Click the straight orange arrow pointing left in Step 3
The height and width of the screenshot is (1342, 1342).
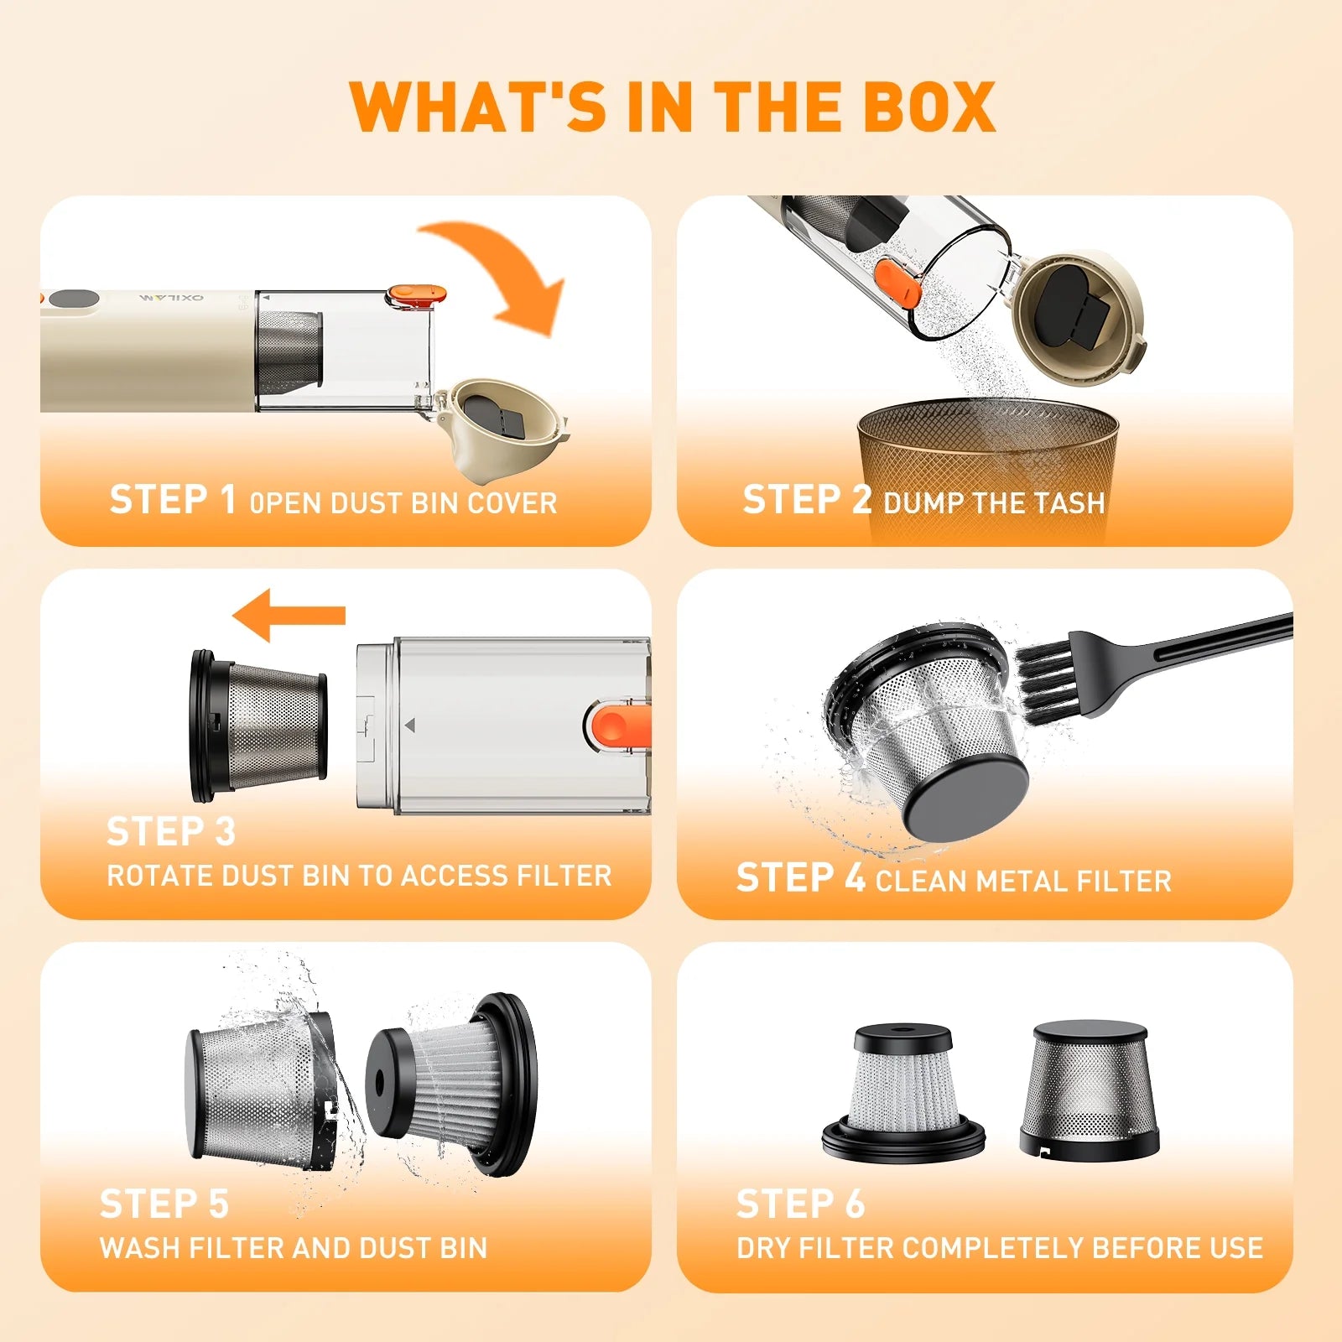click(x=289, y=615)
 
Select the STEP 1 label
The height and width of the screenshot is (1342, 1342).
click(x=172, y=499)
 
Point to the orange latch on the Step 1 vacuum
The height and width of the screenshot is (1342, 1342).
click(x=415, y=294)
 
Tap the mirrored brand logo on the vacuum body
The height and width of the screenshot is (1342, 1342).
click(x=171, y=298)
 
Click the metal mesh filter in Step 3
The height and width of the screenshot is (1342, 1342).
click(x=258, y=726)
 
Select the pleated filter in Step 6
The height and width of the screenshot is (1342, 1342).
click(x=903, y=1092)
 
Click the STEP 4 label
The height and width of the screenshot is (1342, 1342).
click(x=800, y=877)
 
